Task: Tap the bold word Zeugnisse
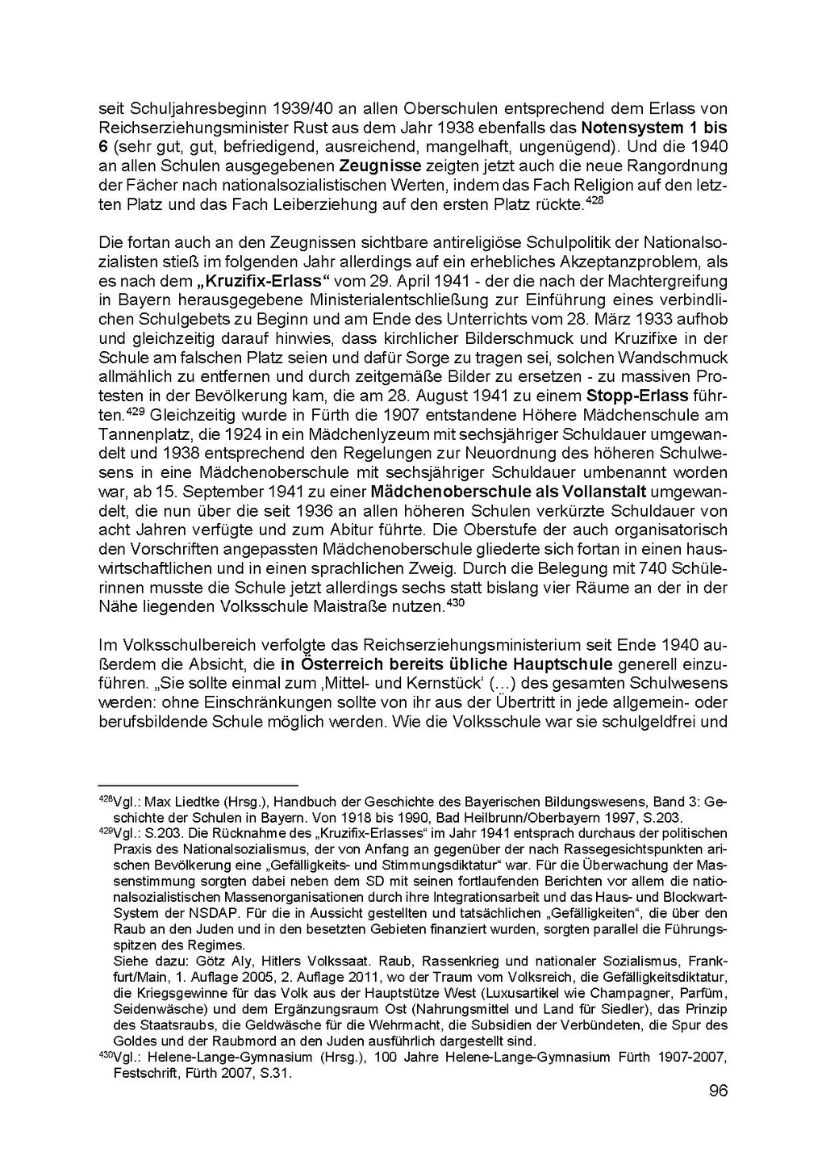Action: (x=381, y=166)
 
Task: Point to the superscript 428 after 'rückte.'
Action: (x=593, y=199)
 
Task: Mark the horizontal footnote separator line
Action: (x=198, y=785)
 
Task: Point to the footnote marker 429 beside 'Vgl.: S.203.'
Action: (x=106, y=832)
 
